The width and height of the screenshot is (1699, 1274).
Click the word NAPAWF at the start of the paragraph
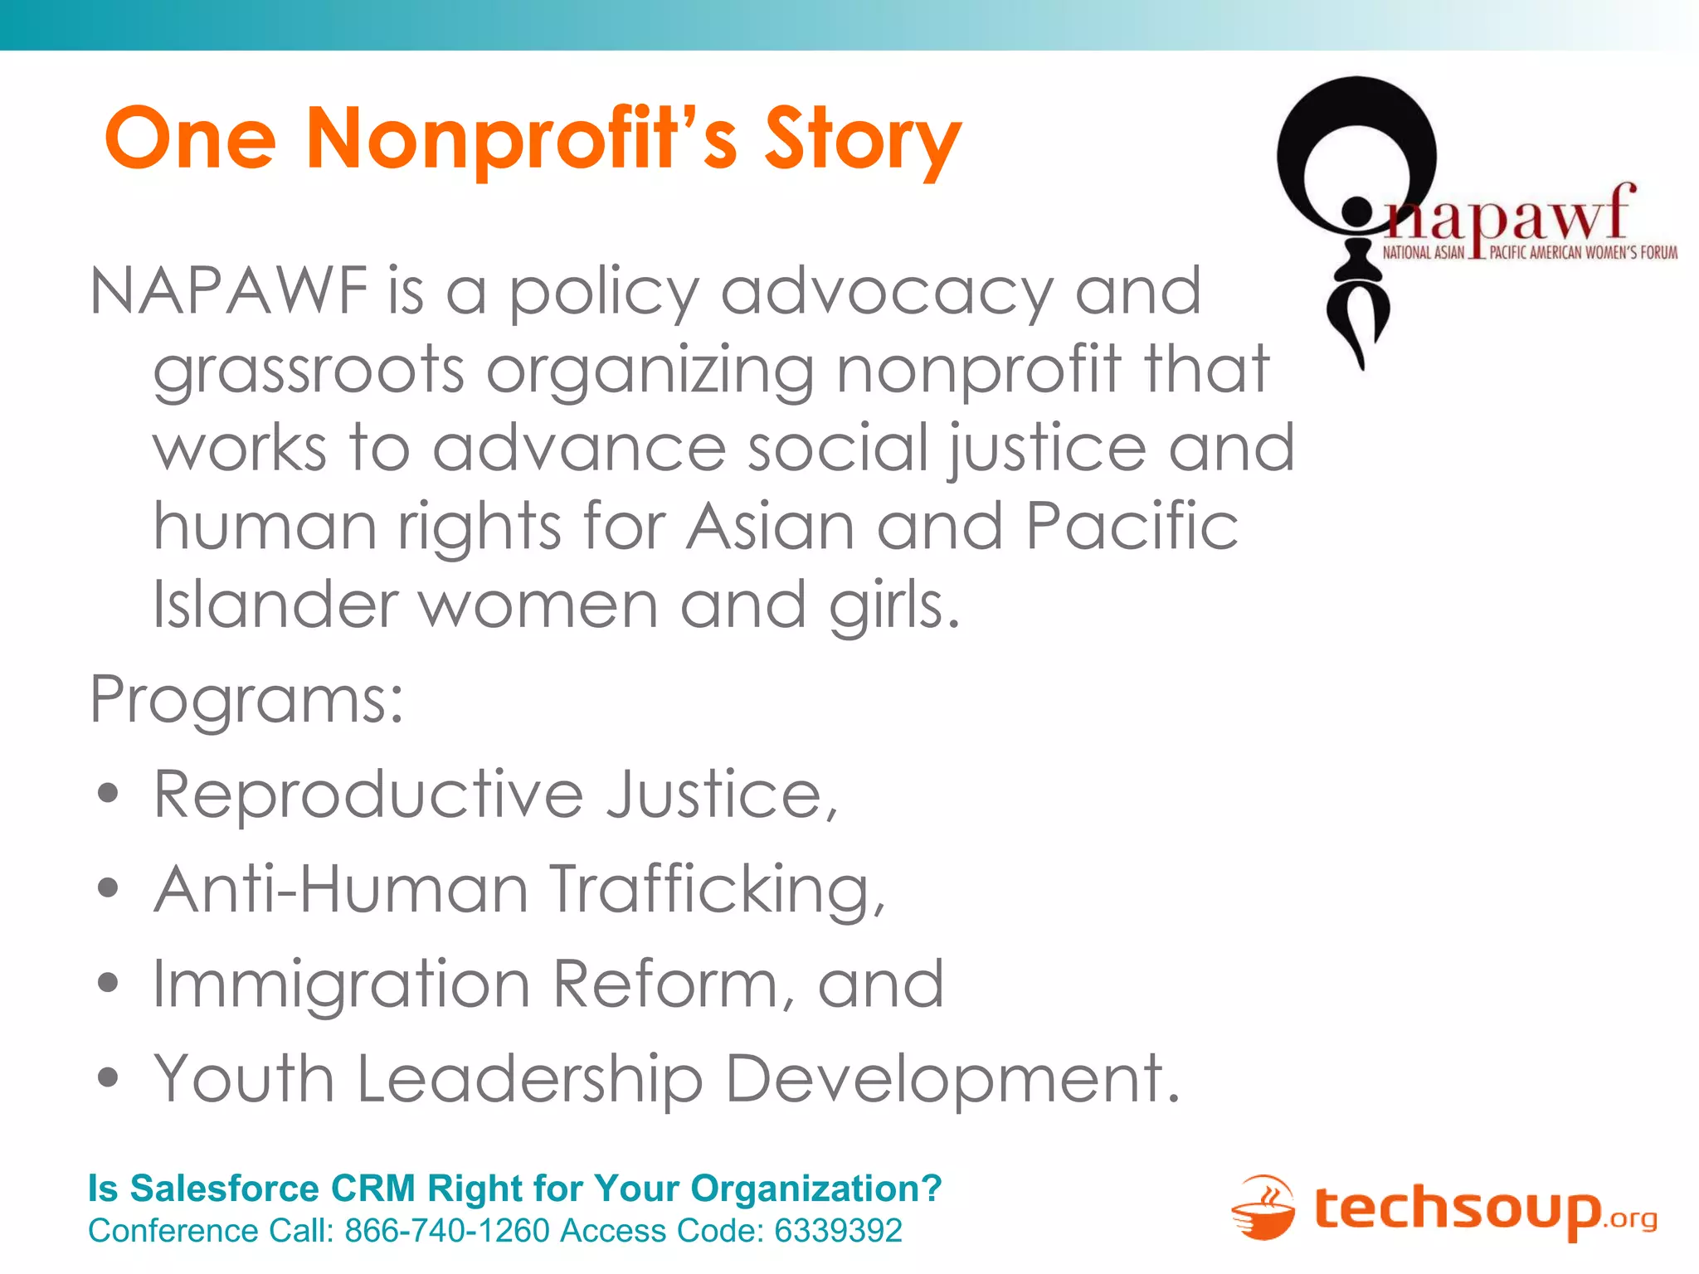(x=228, y=291)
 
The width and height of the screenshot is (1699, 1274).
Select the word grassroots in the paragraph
(x=308, y=370)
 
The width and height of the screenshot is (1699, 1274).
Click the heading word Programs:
(x=246, y=699)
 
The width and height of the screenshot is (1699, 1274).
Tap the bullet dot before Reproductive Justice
(x=108, y=794)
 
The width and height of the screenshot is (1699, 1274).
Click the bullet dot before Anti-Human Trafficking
(x=108, y=888)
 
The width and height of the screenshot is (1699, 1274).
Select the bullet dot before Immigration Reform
(x=108, y=983)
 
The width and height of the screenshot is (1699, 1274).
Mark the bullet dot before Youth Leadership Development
(x=108, y=1077)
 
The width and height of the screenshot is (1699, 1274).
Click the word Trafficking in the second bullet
(x=718, y=890)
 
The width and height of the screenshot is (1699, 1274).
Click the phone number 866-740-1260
(x=447, y=1231)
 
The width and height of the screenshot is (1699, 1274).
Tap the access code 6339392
(x=838, y=1231)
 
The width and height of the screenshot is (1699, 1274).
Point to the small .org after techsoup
(x=1632, y=1218)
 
